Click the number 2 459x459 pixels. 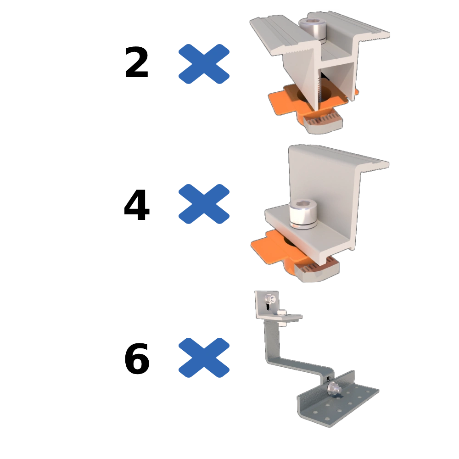coord(136,62)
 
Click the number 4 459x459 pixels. coord(137,205)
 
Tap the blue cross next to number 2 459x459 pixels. coord(204,64)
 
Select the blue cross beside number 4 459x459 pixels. coord(204,204)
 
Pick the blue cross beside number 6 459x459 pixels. coord(204,358)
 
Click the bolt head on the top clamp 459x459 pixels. coord(312,28)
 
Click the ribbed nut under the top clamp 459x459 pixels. coord(323,123)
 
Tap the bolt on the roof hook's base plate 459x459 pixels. coord(334,388)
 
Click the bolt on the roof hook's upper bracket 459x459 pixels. coord(270,299)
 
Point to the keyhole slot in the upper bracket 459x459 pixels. coord(267,307)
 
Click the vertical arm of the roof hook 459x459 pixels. coord(272,341)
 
